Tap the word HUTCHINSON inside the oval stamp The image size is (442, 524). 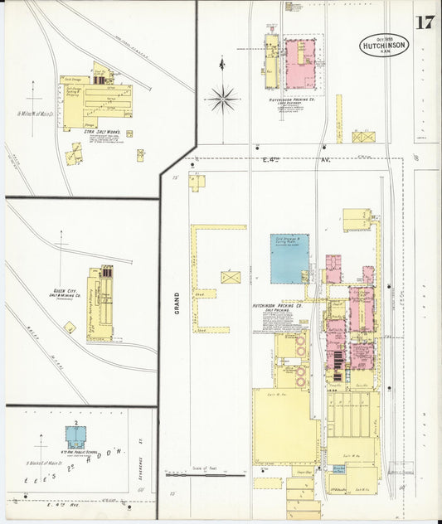point(384,46)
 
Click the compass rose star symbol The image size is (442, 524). point(221,100)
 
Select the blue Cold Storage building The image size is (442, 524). point(289,258)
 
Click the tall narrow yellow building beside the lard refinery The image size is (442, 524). point(271,61)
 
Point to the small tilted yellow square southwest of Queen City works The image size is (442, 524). point(70,327)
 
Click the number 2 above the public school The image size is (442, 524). point(76,424)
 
